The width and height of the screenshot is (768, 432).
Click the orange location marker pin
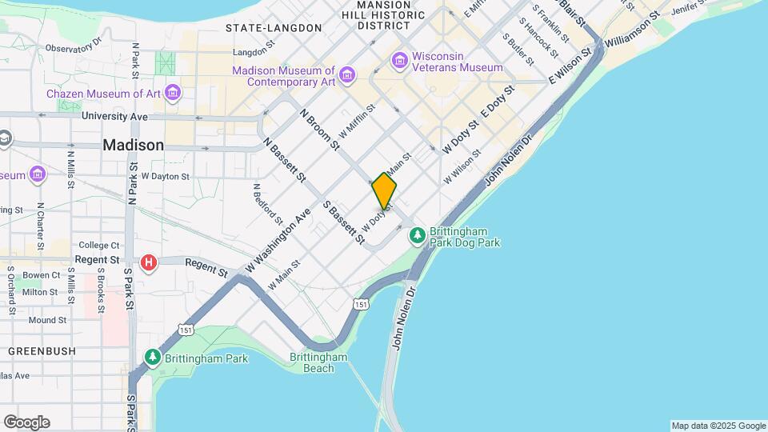[384, 192]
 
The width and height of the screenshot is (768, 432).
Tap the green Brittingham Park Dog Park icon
[417, 235]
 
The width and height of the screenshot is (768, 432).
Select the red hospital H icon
[148, 262]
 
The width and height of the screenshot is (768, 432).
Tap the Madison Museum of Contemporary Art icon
[346, 75]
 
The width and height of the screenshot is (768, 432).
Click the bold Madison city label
[134, 146]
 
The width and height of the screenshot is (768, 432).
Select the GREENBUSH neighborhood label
[42, 351]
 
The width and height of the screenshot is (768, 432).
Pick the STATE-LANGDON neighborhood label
[274, 28]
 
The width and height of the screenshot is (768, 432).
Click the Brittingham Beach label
[318, 362]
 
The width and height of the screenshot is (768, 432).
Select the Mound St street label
[47, 320]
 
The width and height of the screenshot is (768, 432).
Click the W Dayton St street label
[165, 176]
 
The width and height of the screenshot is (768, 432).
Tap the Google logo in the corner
[26, 422]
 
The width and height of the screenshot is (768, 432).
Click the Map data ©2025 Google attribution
[718, 426]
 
